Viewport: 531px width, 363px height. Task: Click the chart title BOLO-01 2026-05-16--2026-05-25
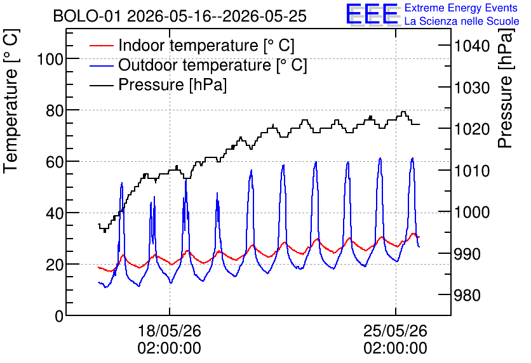(x=180, y=16)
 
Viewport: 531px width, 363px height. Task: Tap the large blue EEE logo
(x=372, y=14)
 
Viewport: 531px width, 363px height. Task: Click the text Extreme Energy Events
(x=461, y=8)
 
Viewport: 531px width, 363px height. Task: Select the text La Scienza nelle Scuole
(x=462, y=21)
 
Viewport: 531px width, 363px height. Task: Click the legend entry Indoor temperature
(x=206, y=45)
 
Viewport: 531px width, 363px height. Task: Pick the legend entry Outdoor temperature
(x=213, y=65)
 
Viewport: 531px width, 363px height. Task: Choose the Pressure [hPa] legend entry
(x=172, y=84)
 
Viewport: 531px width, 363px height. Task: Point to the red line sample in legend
(x=101, y=46)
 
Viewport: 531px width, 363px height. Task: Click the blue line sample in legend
(x=101, y=65)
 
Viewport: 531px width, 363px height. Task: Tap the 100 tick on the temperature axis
(x=50, y=59)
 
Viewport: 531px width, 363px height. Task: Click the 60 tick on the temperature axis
(x=55, y=162)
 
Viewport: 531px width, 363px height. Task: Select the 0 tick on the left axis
(x=59, y=316)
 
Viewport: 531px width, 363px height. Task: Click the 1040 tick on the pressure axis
(x=472, y=46)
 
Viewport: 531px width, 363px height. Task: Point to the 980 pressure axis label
(x=467, y=295)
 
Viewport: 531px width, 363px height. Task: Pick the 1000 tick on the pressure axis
(x=472, y=213)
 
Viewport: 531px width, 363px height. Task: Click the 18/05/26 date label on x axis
(x=170, y=331)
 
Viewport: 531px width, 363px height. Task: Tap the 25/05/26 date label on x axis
(x=396, y=331)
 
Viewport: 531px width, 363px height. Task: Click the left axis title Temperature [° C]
(x=11, y=101)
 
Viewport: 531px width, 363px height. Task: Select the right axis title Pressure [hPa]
(x=506, y=88)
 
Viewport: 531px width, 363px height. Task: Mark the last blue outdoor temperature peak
(x=412, y=158)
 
